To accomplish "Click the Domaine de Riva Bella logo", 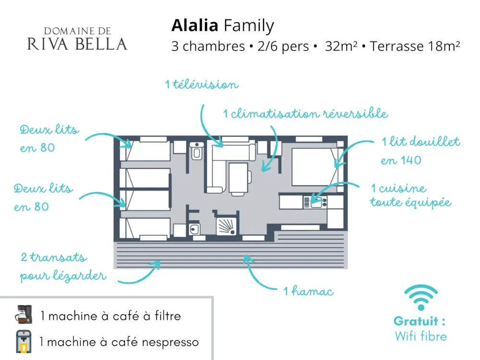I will tap(77, 39).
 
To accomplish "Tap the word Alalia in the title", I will tap(194, 25).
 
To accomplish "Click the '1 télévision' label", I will tap(202, 85).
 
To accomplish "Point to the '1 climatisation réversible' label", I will tap(305, 114).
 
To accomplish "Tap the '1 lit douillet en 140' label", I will tap(420, 151).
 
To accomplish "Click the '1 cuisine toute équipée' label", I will tap(410, 195).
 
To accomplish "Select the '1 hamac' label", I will tap(309, 291).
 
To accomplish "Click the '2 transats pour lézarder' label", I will tap(62, 267).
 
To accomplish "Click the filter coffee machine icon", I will tap(24, 314).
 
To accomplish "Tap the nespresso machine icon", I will tap(24, 341).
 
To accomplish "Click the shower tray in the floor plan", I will tap(226, 225).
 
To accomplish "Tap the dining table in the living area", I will tap(239, 179).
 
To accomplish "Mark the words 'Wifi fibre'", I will tap(420, 336).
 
